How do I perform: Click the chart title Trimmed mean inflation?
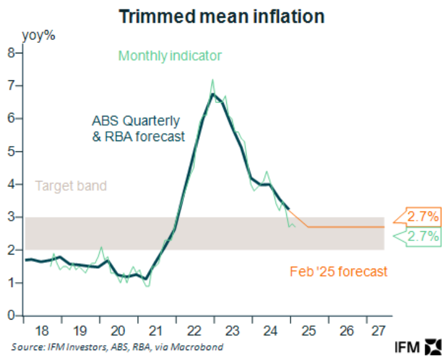(222, 17)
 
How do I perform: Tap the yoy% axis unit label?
(39, 35)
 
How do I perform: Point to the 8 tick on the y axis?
(10, 53)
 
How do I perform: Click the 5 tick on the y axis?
(10, 151)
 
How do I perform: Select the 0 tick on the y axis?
(10, 315)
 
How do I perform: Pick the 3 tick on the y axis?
(10, 217)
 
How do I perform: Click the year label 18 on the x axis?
(42, 331)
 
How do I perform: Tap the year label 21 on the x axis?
(156, 331)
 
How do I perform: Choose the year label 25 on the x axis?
(308, 331)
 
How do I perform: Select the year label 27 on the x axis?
(376, 331)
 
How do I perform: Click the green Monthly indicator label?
(170, 56)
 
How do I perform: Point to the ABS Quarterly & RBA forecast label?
(138, 128)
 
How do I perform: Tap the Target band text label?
(70, 185)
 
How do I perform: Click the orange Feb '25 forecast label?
(338, 270)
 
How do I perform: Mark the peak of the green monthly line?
(213, 80)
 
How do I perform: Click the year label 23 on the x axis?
(232, 331)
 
